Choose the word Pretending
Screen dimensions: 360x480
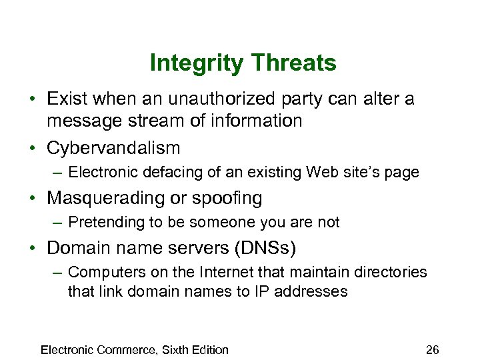tap(107, 222)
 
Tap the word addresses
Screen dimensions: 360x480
tap(319, 291)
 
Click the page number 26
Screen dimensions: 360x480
tap(432, 350)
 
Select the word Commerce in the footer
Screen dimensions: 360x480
tap(127, 350)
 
